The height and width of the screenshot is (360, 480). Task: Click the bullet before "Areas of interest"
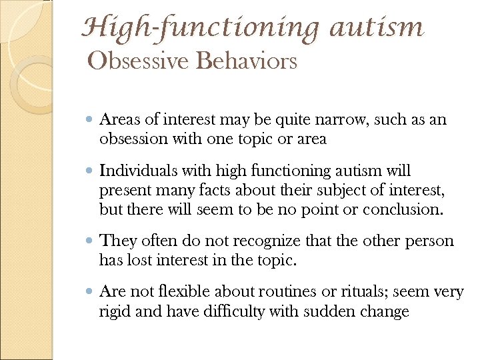90,121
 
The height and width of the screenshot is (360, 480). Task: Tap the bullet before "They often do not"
90,242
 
